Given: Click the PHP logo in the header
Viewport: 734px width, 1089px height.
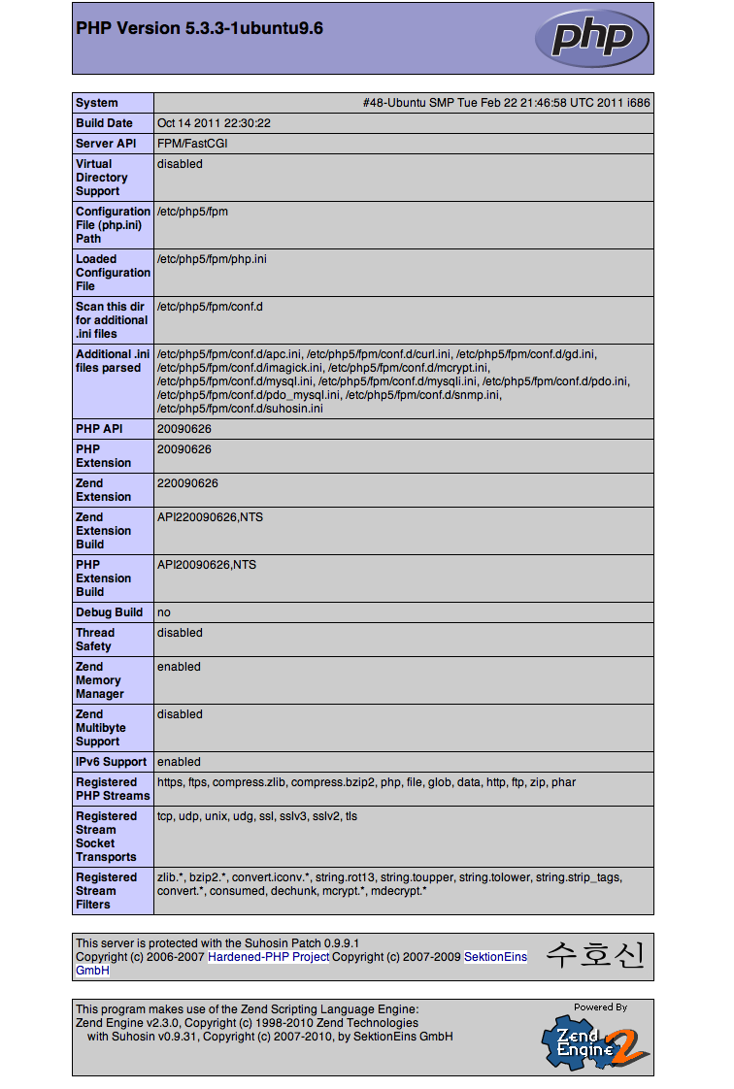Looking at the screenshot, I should click(591, 38).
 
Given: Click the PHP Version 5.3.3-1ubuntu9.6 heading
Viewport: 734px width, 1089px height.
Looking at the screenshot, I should click(199, 29).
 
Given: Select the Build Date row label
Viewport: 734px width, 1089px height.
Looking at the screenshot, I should click(104, 123).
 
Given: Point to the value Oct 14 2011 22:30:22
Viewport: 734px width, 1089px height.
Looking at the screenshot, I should click(214, 123).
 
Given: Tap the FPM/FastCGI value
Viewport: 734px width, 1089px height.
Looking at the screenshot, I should click(193, 144).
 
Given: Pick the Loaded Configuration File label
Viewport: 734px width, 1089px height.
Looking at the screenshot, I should click(113, 273).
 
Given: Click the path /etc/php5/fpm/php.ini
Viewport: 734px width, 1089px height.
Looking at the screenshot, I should click(212, 259).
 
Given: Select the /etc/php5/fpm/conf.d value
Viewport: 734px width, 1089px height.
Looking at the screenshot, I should click(210, 307).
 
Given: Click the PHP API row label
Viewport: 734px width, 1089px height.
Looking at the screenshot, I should click(98, 429).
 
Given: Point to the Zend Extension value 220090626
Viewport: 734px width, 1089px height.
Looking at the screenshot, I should click(187, 483).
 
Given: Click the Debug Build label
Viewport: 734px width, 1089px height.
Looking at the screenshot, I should click(109, 612).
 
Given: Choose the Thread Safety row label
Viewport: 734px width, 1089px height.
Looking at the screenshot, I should click(95, 640).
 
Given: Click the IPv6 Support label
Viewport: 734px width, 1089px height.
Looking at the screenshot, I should click(111, 762).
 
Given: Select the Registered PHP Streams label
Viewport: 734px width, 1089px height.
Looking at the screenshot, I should click(113, 789).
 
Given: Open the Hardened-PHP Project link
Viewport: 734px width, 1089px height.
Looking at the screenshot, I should click(268, 957).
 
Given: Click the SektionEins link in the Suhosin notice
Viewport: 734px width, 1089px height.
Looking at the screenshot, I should click(495, 957).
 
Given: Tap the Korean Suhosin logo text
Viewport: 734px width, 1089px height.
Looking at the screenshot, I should click(594, 955).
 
